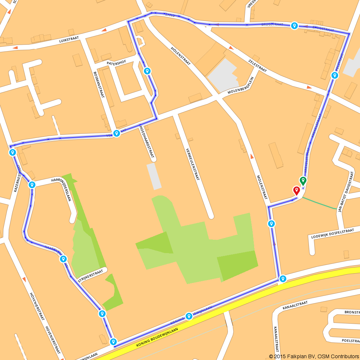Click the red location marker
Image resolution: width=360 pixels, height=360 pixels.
pos(297,190)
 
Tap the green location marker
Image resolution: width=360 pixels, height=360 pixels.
pos(303,180)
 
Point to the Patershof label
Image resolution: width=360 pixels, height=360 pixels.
pos(116,63)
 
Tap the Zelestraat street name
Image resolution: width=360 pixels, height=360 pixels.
pos(257,66)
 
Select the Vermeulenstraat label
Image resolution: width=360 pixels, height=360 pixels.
pos(192,164)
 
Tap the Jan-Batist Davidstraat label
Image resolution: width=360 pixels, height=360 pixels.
pos(345,190)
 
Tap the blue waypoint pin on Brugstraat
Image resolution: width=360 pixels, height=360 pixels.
pos(294,26)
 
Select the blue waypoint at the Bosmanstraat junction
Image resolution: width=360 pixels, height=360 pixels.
pos(117,133)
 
